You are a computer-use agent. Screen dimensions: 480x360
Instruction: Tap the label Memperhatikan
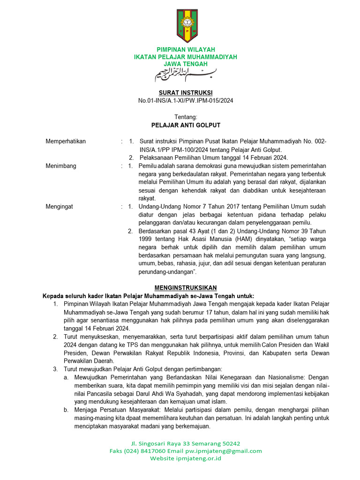pyautogui.click(x=66, y=141)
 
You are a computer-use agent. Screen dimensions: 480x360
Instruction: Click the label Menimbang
pyautogui.click(x=60, y=166)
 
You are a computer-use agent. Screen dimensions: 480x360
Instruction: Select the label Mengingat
pyautogui.click(x=59, y=207)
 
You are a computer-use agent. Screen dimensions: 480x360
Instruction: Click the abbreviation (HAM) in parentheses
pyautogui.click(x=241, y=239)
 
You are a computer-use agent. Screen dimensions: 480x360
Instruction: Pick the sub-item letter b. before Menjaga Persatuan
pyautogui.click(x=67, y=410)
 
